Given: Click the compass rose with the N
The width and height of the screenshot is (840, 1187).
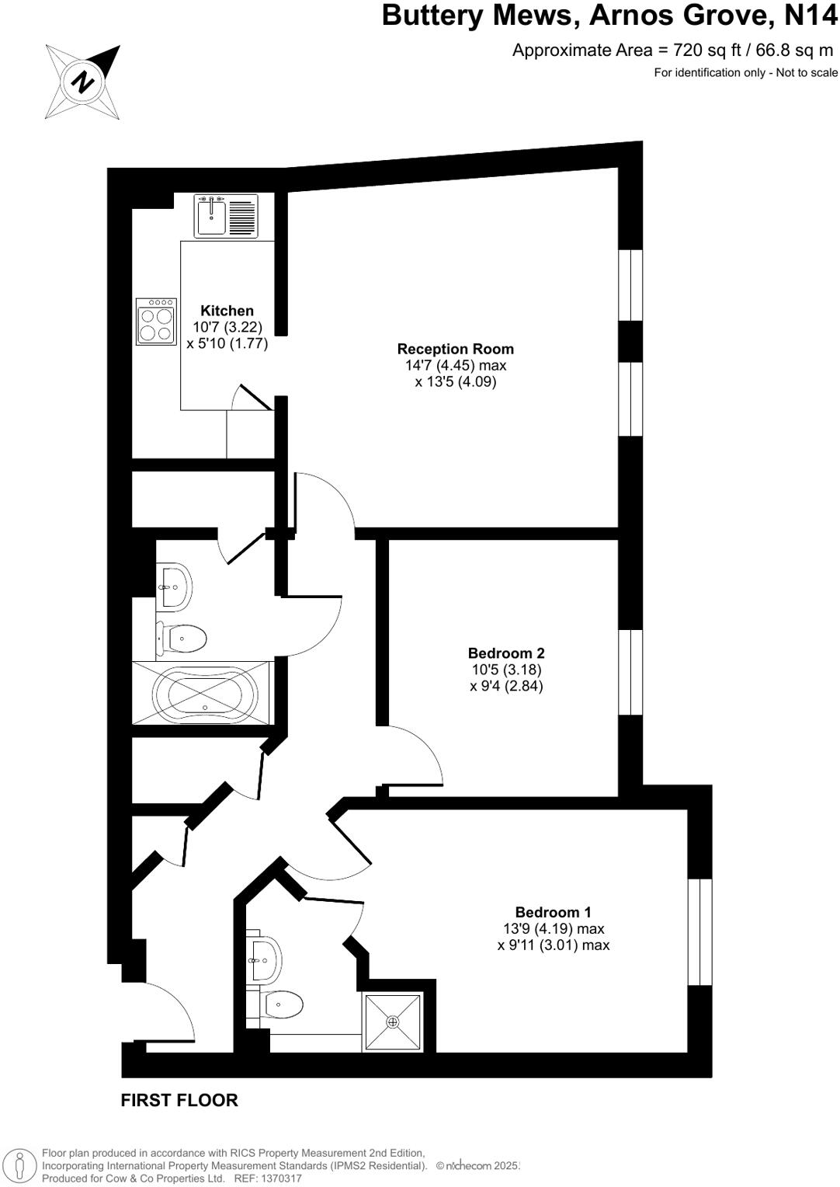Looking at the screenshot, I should click(x=83, y=82).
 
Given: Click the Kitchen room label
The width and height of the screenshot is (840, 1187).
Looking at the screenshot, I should click(x=227, y=311).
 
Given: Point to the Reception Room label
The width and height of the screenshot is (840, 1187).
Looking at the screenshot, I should click(x=455, y=349).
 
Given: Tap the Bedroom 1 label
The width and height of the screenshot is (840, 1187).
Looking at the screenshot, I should click(x=553, y=912).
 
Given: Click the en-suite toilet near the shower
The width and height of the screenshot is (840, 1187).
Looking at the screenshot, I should click(x=281, y=1004).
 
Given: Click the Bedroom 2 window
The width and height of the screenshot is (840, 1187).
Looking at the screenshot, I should click(x=630, y=672).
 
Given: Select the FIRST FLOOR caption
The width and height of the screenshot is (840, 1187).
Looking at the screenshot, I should click(x=179, y=1100).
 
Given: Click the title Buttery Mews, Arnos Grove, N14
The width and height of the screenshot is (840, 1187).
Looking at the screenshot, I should click(x=609, y=16).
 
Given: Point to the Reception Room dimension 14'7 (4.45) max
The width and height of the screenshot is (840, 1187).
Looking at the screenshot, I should click(x=455, y=365).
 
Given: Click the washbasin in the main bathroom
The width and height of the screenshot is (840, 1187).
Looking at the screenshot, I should click(x=175, y=585).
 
